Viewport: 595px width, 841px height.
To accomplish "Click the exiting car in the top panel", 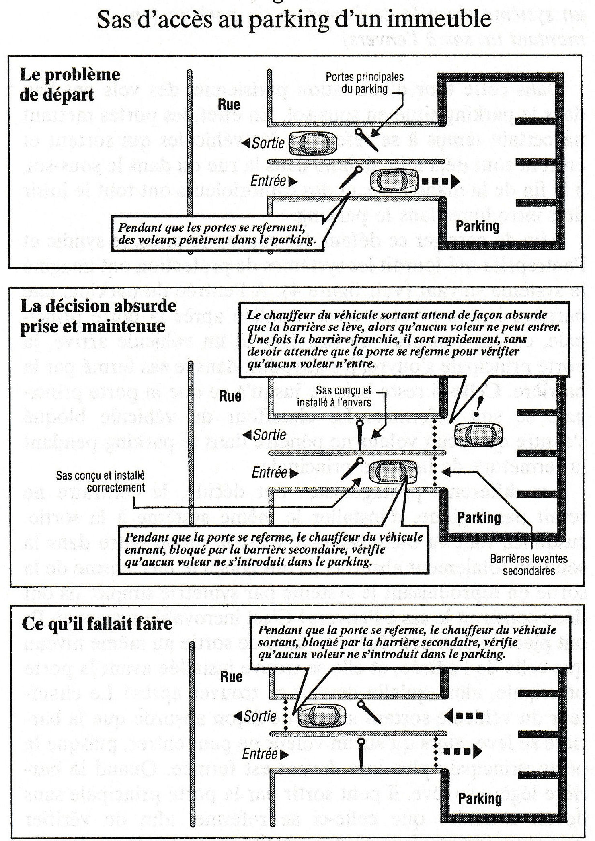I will click(x=312, y=142).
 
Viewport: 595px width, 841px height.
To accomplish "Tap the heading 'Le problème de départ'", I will click(x=70, y=84).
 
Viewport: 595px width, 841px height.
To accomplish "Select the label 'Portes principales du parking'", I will click(x=364, y=83).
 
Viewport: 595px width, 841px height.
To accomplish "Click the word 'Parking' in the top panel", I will click(x=477, y=226).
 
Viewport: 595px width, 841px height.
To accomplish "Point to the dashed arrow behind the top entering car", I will click(x=440, y=181).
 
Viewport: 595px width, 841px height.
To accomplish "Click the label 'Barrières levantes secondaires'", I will click(x=528, y=564).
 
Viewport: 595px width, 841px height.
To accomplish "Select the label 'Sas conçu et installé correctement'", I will click(x=100, y=482).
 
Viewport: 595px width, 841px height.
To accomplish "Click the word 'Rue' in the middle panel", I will click(x=230, y=396).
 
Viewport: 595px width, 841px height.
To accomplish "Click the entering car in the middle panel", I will click(x=393, y=472).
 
